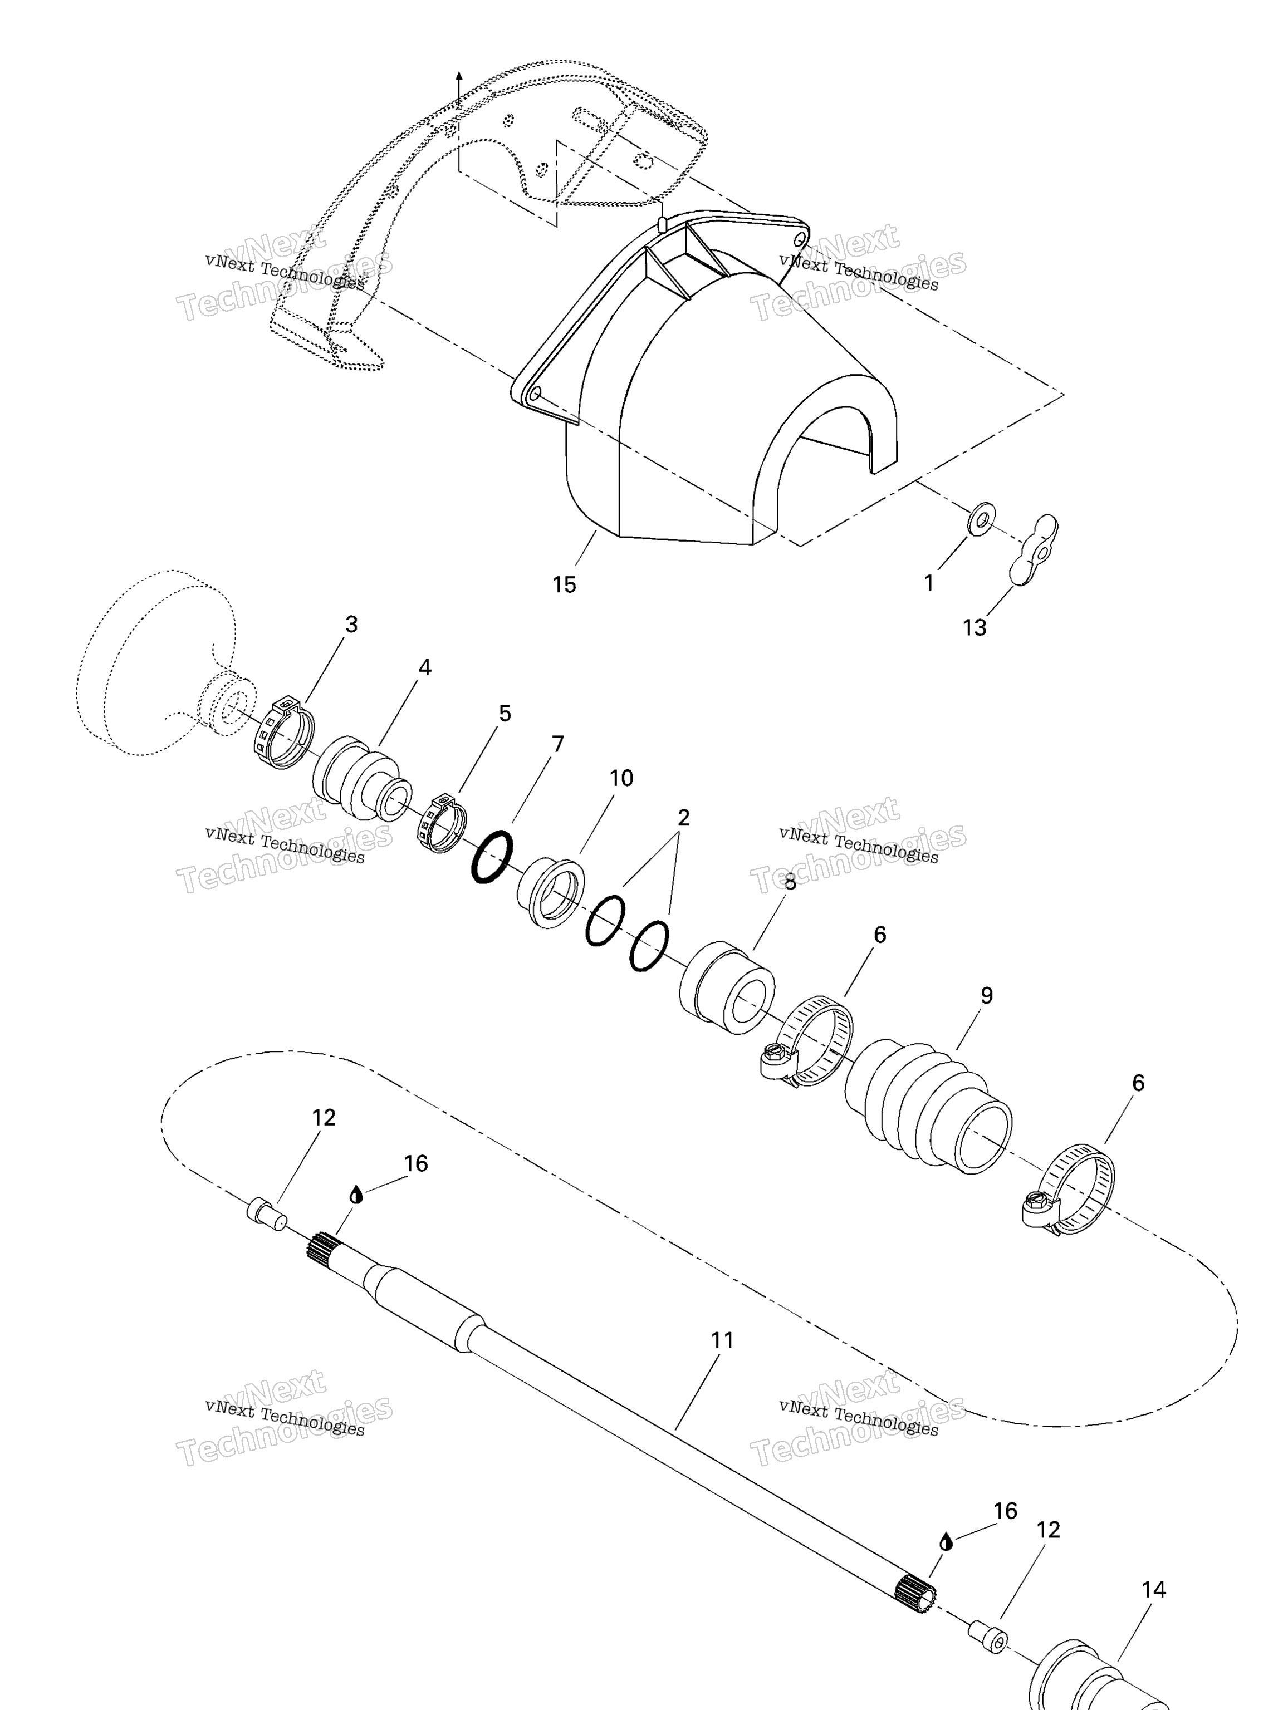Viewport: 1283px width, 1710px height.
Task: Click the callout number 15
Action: [x=564, y=585]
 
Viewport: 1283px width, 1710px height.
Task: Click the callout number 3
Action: [x=351, y=624]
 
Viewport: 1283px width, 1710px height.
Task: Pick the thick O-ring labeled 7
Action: [x=492, y=857]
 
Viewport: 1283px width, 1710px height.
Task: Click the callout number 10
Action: [x=621, y=778]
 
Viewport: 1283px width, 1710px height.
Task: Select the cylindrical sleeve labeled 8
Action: [x=727, y=987]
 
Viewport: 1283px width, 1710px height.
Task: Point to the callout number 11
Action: [x=722, y=1340]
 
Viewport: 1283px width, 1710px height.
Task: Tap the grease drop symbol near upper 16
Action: [x=356, y=1195]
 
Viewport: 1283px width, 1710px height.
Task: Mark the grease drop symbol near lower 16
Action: [x=945, y=1542]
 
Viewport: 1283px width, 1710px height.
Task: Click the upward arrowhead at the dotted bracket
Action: [x=459, y=76]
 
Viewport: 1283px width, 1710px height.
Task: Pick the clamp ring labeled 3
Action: [x=285, y=732]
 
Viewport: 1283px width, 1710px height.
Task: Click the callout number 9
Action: [x=986, y=995]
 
